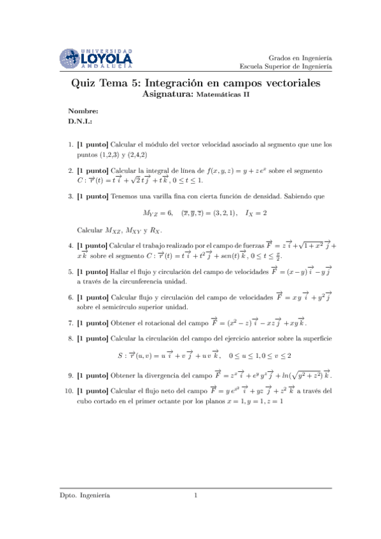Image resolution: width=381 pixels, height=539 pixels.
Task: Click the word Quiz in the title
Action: coord(84,83)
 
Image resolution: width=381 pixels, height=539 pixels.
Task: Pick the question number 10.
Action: coord(67,391)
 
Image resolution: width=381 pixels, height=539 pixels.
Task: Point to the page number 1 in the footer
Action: coord(197,495)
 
